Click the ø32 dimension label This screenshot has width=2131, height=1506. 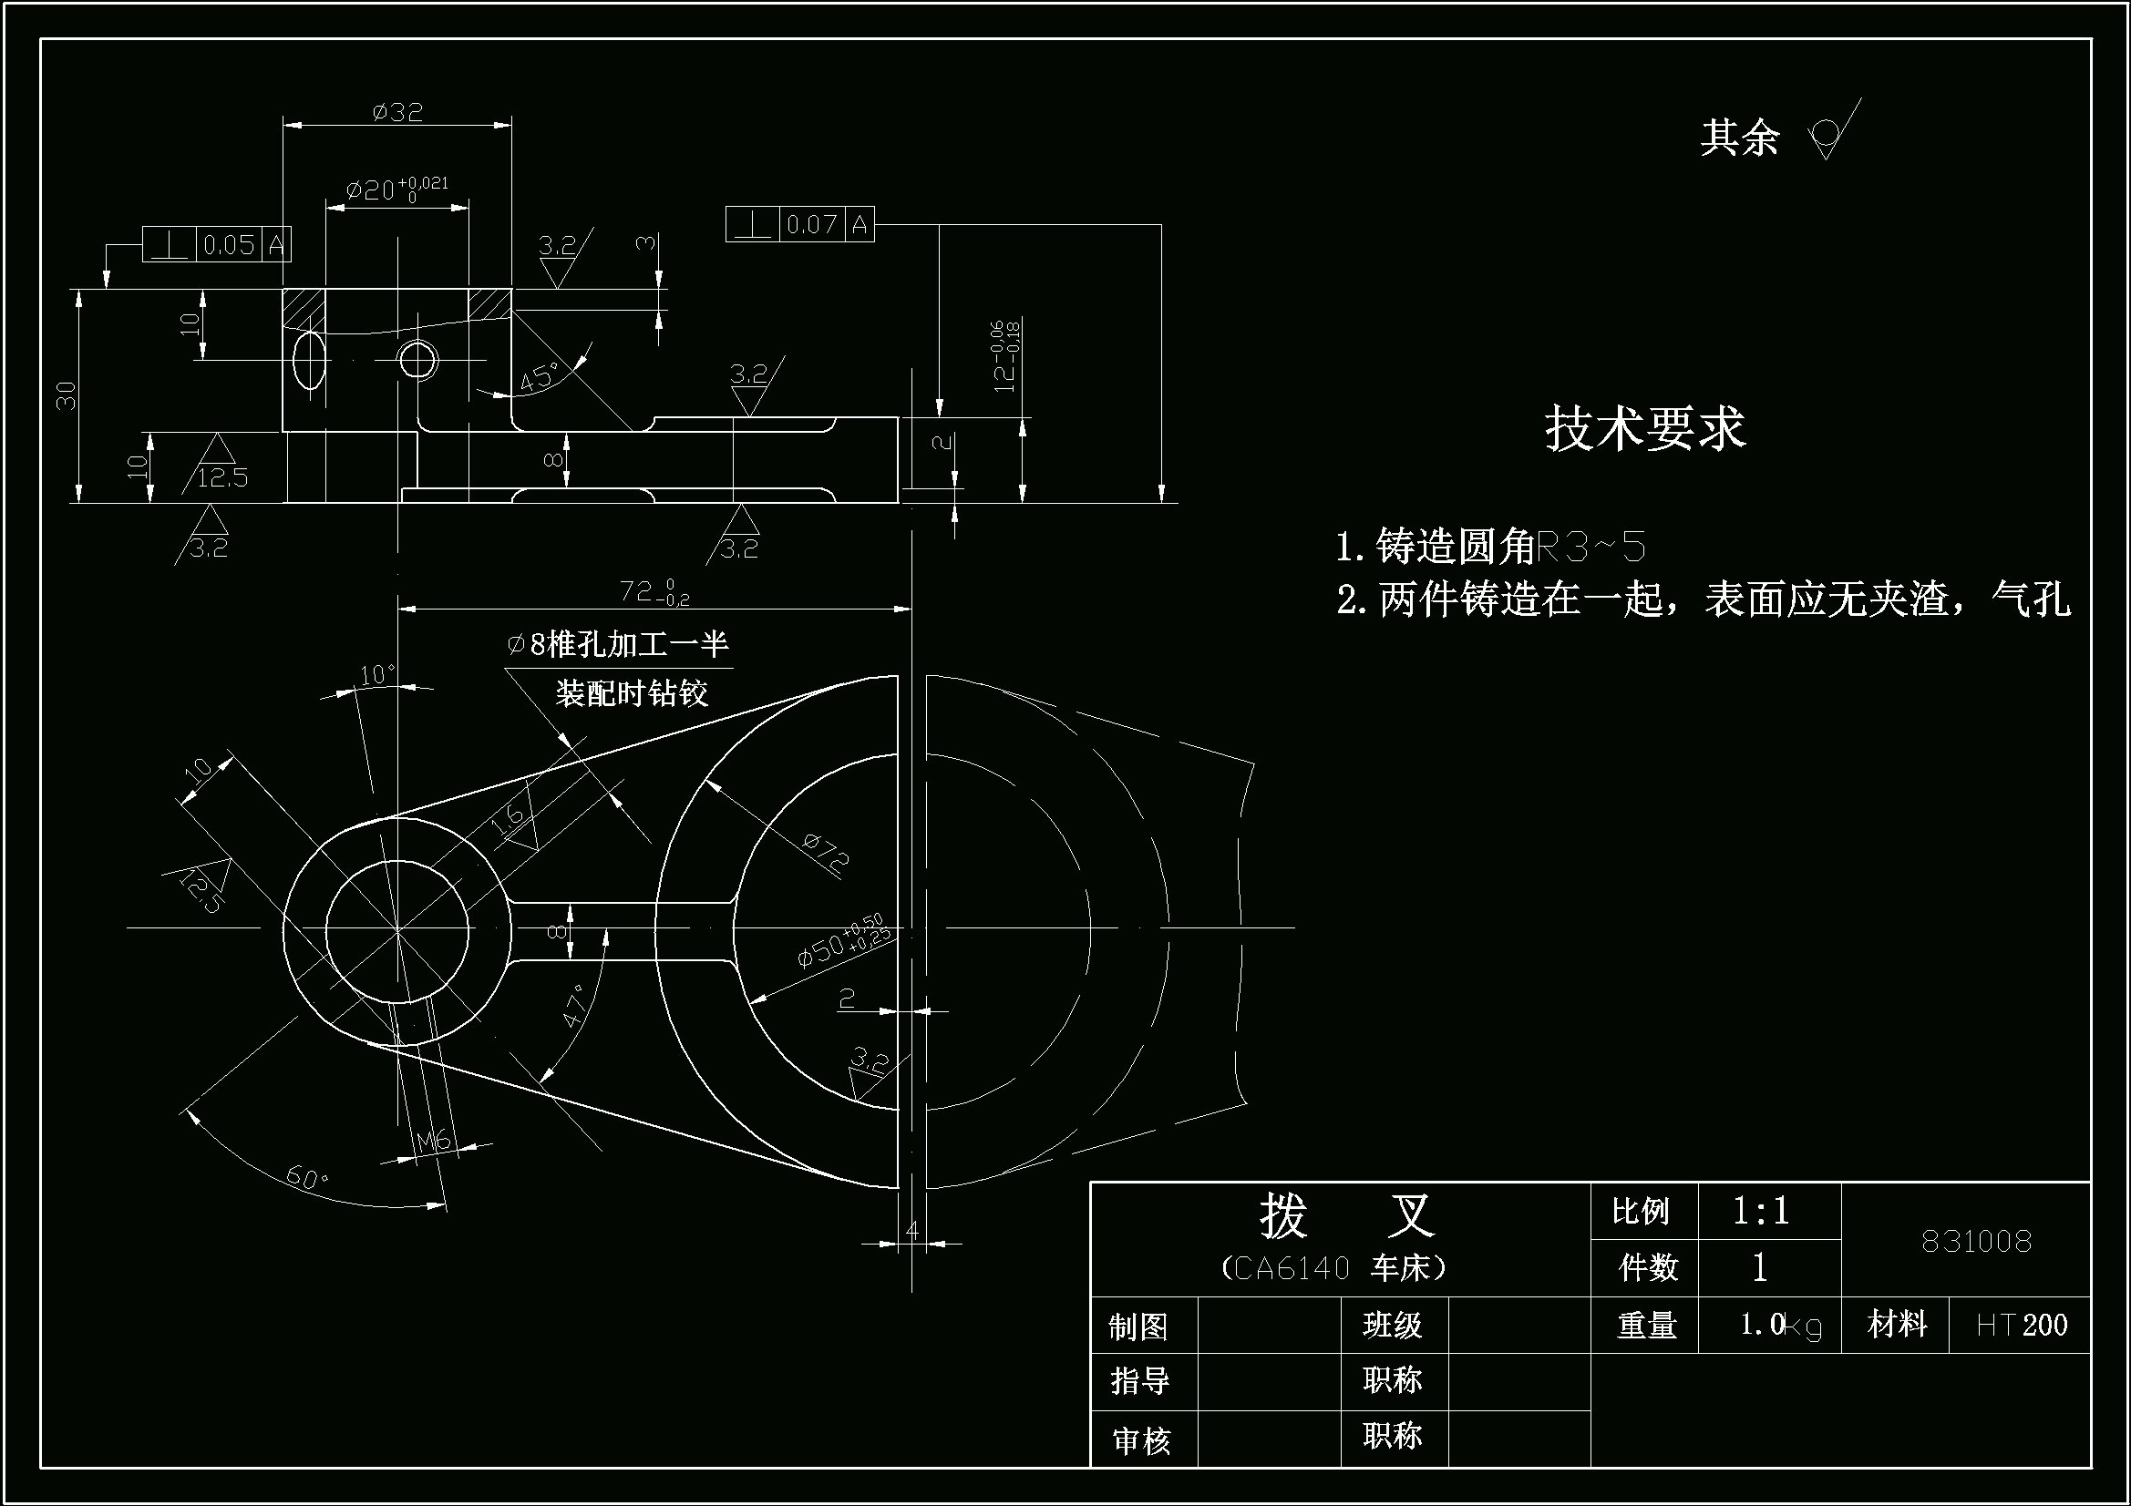point(397,112)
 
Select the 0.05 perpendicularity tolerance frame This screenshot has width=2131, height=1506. point(216,244)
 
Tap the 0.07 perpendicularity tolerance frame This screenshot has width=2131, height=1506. point(799,224)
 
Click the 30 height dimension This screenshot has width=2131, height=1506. point(67,395)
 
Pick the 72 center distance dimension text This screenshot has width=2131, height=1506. point(654,591)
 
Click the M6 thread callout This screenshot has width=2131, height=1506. point(433,1140)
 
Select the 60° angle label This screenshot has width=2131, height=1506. point(307,1177)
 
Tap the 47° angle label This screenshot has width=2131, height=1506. point(575,1006)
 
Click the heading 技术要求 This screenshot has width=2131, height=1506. point(1644,429)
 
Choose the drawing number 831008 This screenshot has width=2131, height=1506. point(1976,1241)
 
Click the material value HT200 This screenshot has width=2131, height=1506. point(2022,1324)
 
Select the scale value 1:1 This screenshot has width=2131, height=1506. point(1761,1210)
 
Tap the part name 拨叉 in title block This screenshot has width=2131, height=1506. point(1347,1214)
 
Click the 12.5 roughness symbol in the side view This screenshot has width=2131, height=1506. point(221,476)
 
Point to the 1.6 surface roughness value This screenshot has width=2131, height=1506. point(509,818)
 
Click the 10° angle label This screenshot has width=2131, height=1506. point(376,674)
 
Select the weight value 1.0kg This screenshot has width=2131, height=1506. point(1780,1325)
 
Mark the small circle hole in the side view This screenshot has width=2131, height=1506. point(417,359)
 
